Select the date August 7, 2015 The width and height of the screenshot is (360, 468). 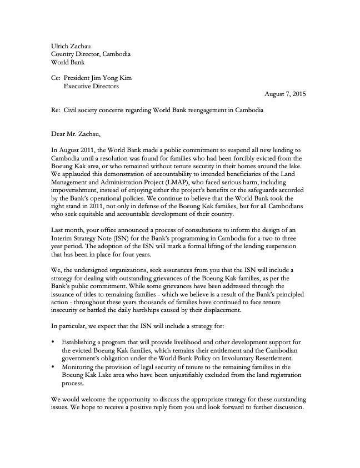click(x=285, y=94)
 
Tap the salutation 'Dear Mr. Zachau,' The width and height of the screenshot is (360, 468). click(x=77, y=134)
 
